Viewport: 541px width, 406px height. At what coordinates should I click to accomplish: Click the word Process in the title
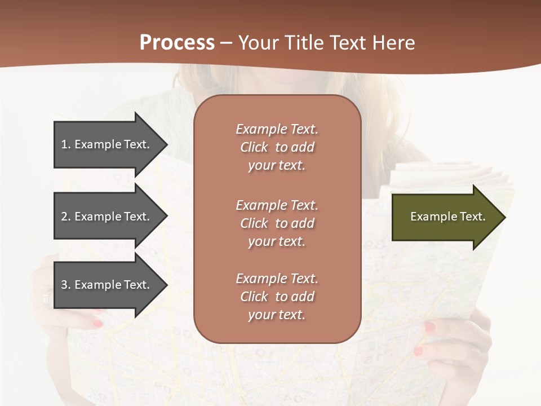[x=177, y=43]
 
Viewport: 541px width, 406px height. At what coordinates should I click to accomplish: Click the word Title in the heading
[x=307, y=43]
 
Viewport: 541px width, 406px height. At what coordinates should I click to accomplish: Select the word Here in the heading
[x=393, y=43]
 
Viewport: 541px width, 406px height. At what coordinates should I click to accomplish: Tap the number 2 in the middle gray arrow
[x=64, y=217]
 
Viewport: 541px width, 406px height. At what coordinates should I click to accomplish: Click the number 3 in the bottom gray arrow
[x=64, y=285]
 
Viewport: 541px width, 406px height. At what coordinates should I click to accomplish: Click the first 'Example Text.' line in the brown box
[x=277, y=129]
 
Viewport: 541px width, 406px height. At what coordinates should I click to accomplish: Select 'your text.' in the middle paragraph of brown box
[x=277, y=241]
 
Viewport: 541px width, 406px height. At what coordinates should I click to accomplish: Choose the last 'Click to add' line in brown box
[x=277, y=297]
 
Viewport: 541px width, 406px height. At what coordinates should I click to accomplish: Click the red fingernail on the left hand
[x=98, y=324]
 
